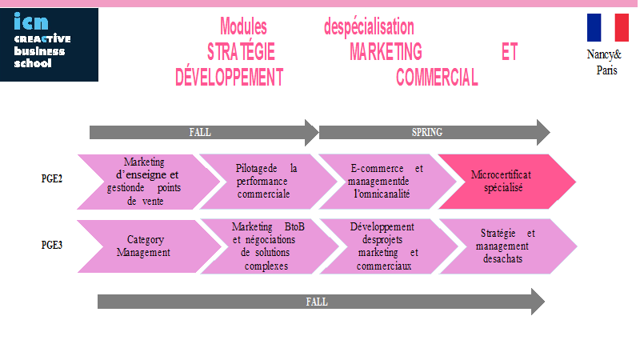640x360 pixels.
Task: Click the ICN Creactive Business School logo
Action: (x=49, y=45)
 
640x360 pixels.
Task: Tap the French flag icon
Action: (x=608, y=28)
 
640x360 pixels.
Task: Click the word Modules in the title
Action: (x=243, y=27)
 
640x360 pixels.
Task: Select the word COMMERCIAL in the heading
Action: (x=437, y=77)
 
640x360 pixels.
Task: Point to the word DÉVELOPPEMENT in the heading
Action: (x=229, y=77)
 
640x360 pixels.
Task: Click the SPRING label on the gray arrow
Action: (x=427, y=132)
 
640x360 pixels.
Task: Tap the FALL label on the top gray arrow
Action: (x=200, y=132)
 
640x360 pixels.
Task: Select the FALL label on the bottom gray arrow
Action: (x=317, y=302)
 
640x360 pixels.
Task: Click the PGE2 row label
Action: (x=52, y=178)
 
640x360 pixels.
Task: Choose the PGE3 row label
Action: (x=52, y=245)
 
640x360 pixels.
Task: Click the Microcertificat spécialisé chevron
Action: (x=507, y=182)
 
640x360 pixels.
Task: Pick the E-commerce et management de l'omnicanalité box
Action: (x=388, y=182)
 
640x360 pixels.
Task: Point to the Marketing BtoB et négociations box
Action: (x=270, y=246)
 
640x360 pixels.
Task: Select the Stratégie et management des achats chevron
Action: (x=508, y=246)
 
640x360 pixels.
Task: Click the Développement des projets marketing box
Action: (x=389, y=246)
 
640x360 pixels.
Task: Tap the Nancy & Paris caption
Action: (x=605, y=62)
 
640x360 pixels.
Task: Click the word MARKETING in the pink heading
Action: (x=386, y=52)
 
